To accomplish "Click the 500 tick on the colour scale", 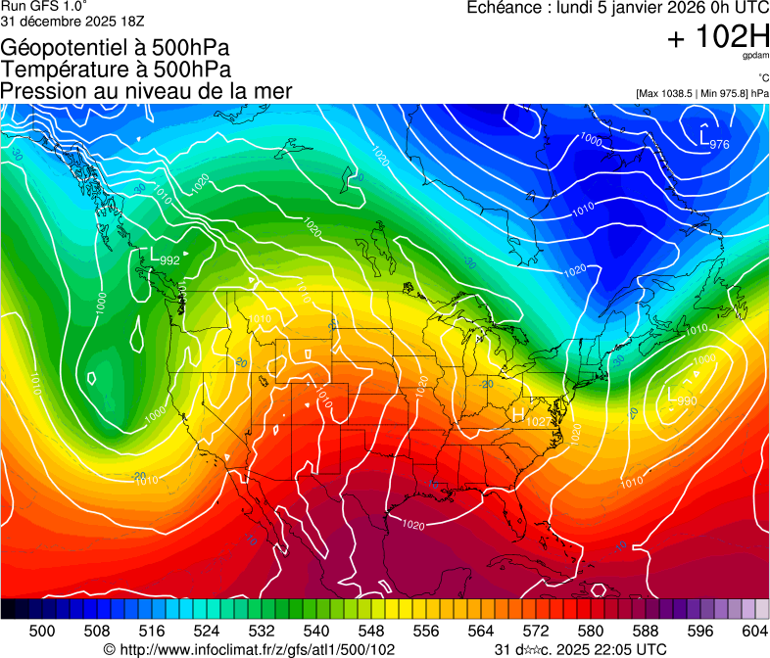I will click(41, 631).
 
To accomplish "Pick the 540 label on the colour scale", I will click(316, 631).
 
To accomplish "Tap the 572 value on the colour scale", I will click(536, 631).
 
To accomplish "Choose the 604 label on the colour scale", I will click(755, 631).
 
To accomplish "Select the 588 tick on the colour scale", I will click(646, 631).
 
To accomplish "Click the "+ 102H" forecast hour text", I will click(717, 38).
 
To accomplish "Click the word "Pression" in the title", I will click(41, 91).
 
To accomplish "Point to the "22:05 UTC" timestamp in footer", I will click(626, 649).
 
